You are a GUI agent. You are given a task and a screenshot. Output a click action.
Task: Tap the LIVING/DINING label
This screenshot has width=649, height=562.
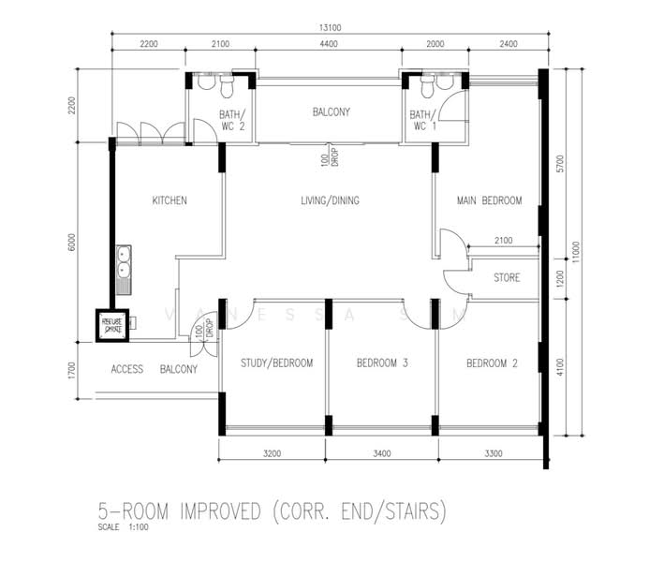pos(330,200)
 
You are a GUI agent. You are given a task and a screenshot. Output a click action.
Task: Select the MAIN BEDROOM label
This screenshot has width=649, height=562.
pos(489,200)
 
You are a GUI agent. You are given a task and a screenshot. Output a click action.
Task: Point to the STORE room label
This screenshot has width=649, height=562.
pos(506,278)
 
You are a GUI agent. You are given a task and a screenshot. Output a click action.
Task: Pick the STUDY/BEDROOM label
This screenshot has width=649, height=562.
pos(276,363)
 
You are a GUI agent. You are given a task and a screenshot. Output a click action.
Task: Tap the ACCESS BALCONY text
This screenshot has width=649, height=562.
pos(155,369)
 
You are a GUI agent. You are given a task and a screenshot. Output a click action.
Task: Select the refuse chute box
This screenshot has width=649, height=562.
pos(113,325)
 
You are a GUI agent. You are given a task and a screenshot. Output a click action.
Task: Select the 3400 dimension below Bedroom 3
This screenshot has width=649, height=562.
pos(381,452)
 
